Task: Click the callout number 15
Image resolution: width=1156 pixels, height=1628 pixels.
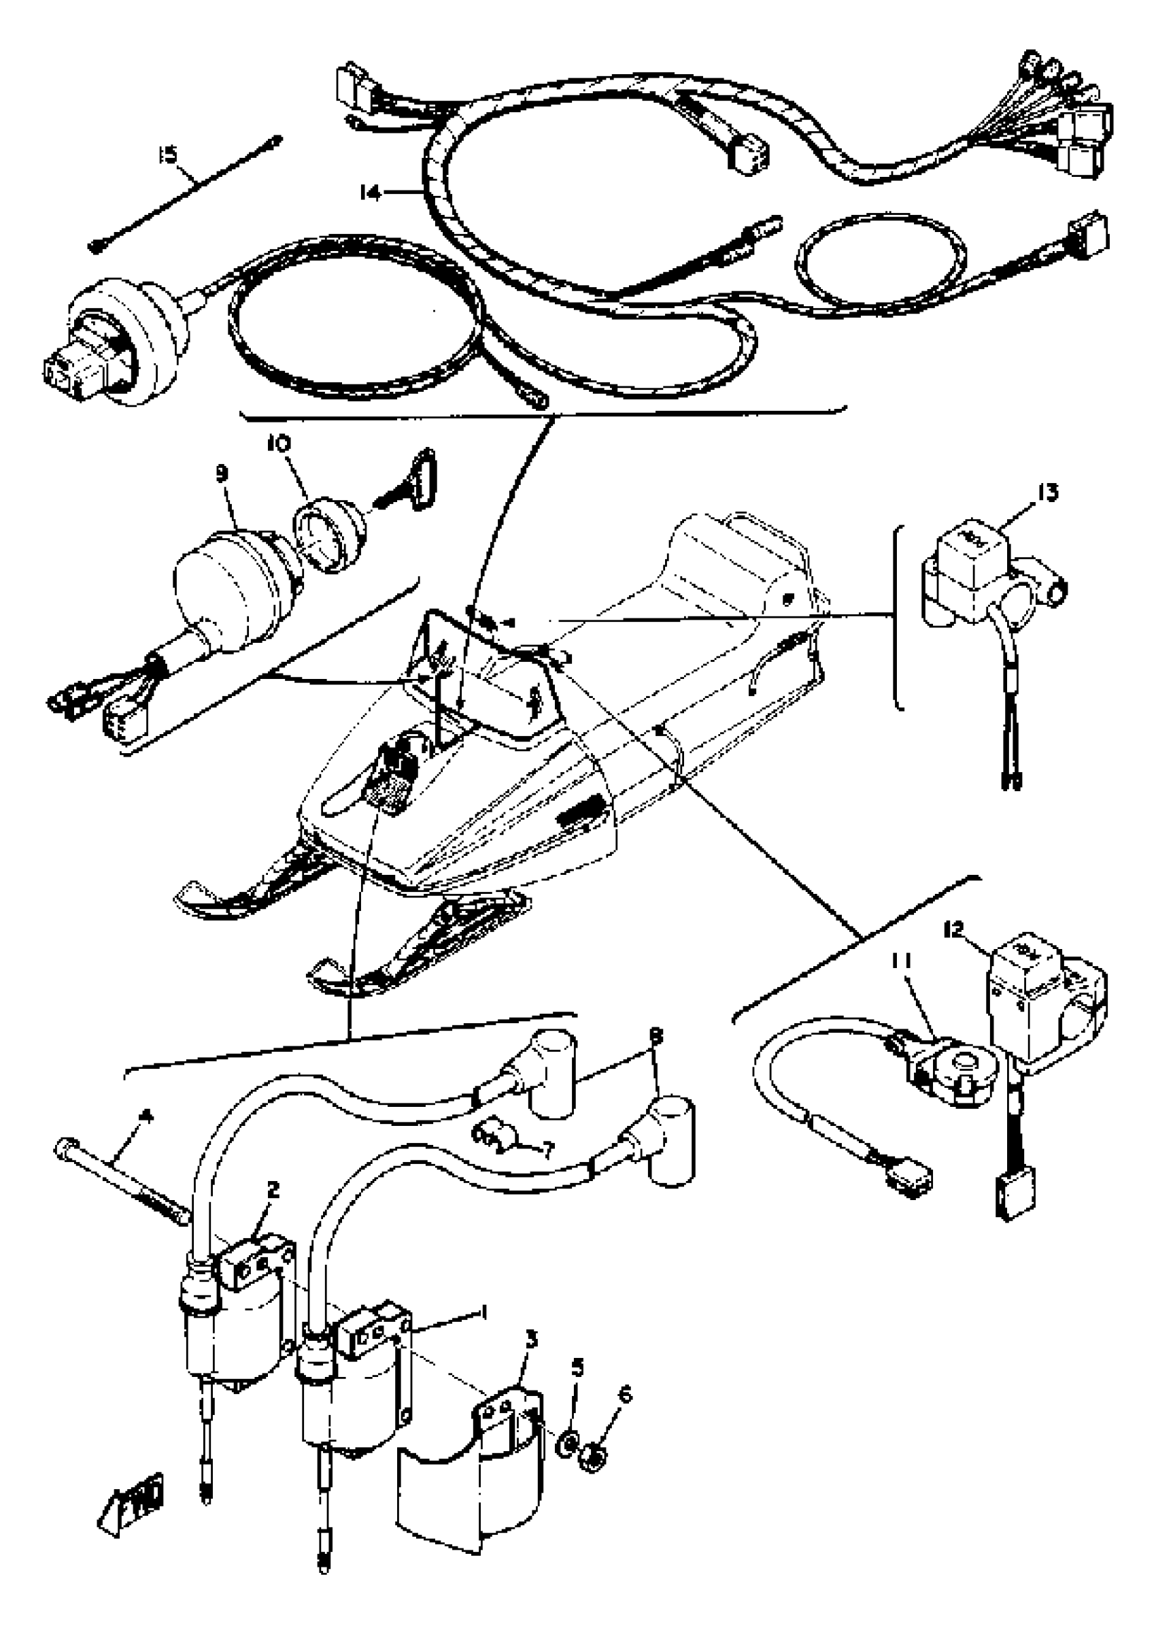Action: point(168,154)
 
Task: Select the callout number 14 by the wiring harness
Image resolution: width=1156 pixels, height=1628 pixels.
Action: point(370,193)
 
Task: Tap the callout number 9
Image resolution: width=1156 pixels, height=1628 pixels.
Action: point(222,474)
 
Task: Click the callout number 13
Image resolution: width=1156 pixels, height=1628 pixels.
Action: point(1048,492)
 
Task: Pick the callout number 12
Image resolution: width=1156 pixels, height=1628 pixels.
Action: point(954,930)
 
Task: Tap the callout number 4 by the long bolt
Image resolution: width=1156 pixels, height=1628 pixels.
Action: point(146,1116)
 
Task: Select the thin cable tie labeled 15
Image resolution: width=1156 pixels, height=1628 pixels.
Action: point(186,193)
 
